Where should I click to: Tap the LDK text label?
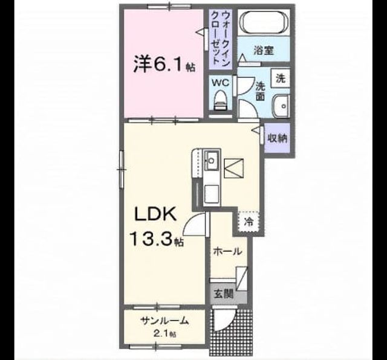tap(155, 214)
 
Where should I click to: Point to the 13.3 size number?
tap(151, 239)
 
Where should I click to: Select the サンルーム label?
tap(164, 321)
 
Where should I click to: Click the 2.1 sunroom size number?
tap(161, 334)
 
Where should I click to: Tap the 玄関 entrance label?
tap(223, 294)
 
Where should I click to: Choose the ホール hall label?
tap(227, 252)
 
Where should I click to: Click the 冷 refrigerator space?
tap(249, 222)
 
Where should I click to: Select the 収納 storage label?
tap(278, 138)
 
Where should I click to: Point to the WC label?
tap(220, 83)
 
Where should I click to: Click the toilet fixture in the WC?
tap(220, 100)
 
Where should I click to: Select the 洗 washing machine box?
tap(281, 79)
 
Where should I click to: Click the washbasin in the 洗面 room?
tap(281, 106)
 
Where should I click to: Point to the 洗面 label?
tap(260, 91)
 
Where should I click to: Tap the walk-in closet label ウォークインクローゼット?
tap(220, 39)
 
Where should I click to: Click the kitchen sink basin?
tap(212, 160)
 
